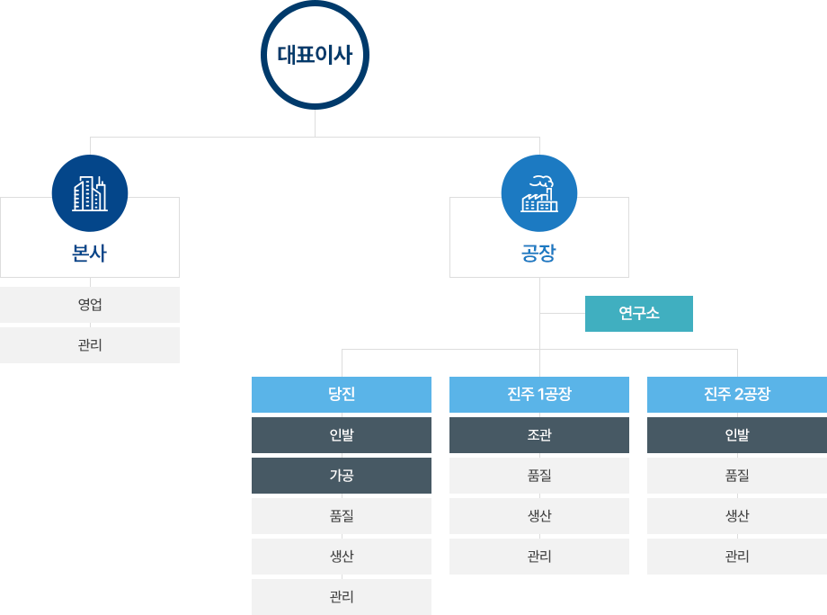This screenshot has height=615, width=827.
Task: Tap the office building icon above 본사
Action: click(x=90, y=193)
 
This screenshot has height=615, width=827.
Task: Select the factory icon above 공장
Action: click(x=539, y=193)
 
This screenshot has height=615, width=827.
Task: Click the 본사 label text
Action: click(x=90, y=254)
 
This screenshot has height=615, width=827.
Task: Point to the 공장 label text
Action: click(x=539, y=254)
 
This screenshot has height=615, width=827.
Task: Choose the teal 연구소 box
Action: click(x=639, y=314)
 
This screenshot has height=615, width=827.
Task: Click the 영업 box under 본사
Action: click(x=90, y=305)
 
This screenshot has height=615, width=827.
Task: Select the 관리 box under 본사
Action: click(x=90, y=345)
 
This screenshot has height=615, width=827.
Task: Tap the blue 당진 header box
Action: click(x=342, y=395)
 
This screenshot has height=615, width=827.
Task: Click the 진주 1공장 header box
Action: click(x=539, y=395)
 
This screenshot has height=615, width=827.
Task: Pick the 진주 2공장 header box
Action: click(x=737, y=395)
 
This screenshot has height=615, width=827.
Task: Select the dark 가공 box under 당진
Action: click(x=342, y=476)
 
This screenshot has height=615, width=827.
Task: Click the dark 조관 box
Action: click(x=539, y=435)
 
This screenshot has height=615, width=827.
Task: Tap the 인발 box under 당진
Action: click(x=342, y=435)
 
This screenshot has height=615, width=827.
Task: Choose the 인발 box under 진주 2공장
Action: click(x=737, y=435)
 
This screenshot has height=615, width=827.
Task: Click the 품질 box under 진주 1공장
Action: click(x=539, y=476)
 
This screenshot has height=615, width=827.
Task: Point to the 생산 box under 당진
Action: click(x=342, y=557)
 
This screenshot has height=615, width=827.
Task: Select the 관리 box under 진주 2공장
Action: click(x=737, y=557)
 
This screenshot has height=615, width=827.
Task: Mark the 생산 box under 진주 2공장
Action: click(x=737, y=516)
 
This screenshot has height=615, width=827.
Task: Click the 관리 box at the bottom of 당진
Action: click(x=342, y=597)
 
